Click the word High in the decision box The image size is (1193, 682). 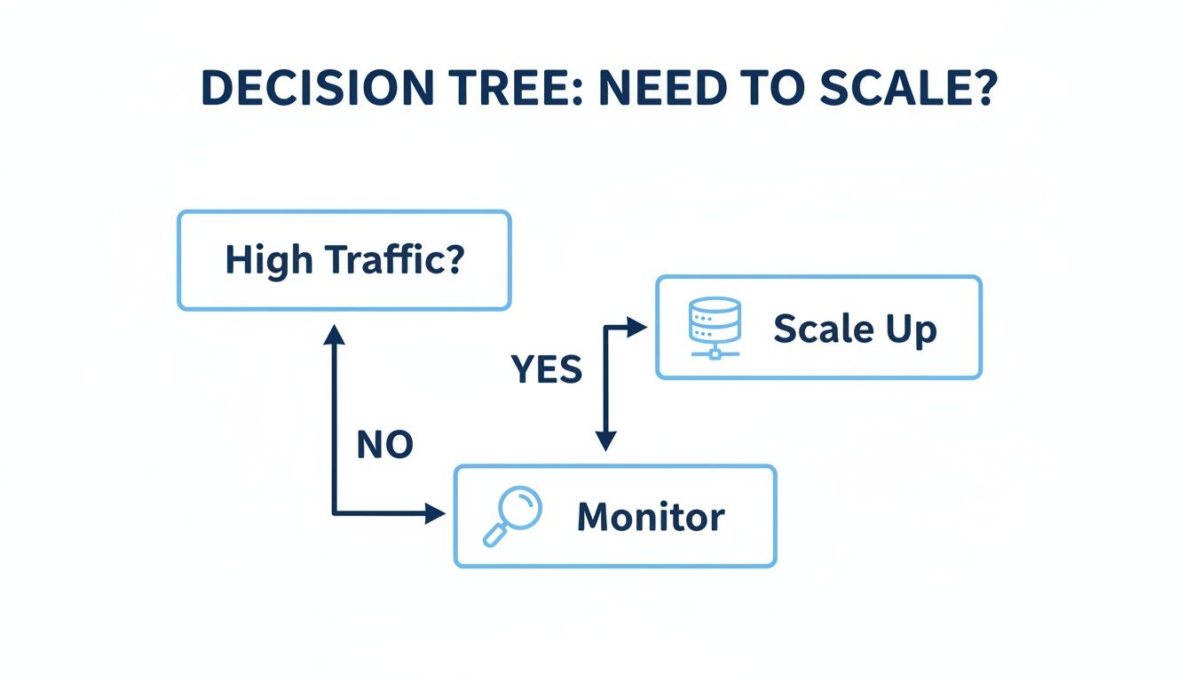tap(267, 260)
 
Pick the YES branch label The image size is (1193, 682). tap(547, 369)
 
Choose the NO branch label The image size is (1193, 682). tap(384, 445)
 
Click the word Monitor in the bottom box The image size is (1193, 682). tap(651, 517)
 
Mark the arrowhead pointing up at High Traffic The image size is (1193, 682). tap(334, 333)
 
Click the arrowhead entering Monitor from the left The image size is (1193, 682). tap(435, 513)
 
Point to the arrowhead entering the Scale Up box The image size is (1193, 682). tap(637, 328)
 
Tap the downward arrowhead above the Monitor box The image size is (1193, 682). tap(605, 440)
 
